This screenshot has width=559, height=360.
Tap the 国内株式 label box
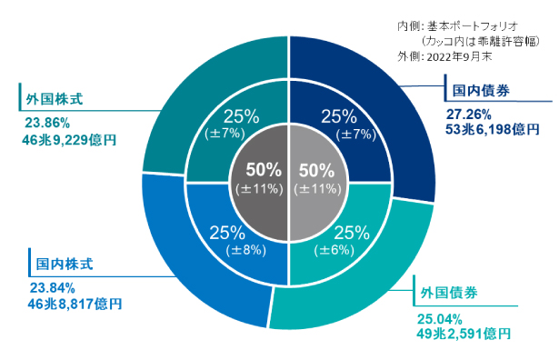[x=59, y=265]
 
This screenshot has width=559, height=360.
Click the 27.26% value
[x=468, y=115]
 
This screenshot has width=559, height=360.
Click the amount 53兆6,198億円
[x=492, y=130]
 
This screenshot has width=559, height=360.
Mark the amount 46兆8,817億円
[x=75, y=304]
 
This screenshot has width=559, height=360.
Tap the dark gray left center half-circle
[x=261, y=178]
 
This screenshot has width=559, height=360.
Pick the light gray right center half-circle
[x=315, y=178]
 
